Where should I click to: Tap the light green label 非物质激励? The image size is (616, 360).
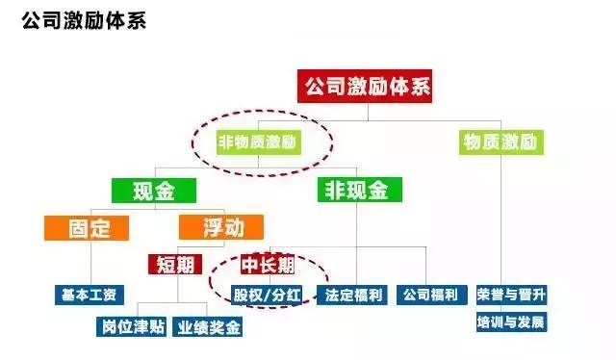(x=259, y=142)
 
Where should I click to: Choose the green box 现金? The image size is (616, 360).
(x=153, y=191)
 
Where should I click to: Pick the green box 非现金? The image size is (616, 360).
(x=358, y=191)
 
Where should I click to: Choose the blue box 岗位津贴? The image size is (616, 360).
(x=135, y=327)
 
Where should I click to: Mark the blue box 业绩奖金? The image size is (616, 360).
(x=207, y=327)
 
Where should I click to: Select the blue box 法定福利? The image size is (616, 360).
(x=355, y=295)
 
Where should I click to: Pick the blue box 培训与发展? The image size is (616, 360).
(x=511, y=321)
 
